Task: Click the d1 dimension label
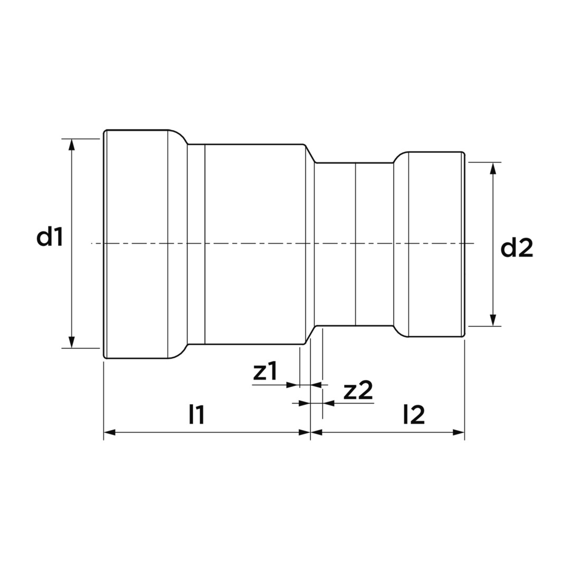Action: [x=50, y=237]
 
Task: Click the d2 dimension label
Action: [x=517, y=249]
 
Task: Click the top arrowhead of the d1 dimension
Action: [x=72, y=144]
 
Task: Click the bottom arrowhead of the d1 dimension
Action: [x=72, y=342]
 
